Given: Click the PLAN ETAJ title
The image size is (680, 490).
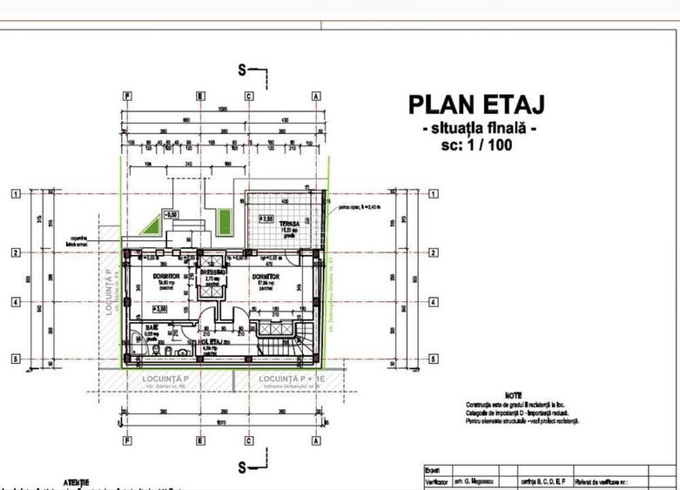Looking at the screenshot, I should click(476, 104).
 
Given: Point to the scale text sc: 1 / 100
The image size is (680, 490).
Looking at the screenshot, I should click(476, 145).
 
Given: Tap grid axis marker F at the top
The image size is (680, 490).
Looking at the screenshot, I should click(128, 96).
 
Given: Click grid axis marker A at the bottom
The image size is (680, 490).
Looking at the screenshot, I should click(316, 440).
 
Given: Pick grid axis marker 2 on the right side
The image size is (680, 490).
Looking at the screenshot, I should click(433, 252).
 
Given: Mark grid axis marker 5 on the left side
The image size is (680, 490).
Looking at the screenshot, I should click(16, 359).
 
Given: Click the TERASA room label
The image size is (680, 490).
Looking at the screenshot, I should click(278, 223).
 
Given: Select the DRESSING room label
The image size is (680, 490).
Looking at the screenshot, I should click(212, 272).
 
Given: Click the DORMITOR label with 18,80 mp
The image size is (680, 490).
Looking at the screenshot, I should click(166, 276).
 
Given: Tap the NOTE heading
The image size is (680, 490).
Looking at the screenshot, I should click(514, 395).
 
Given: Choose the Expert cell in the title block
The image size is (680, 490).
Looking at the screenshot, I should click(432, 468).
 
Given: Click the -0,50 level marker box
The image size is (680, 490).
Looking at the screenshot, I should click(171, 213).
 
